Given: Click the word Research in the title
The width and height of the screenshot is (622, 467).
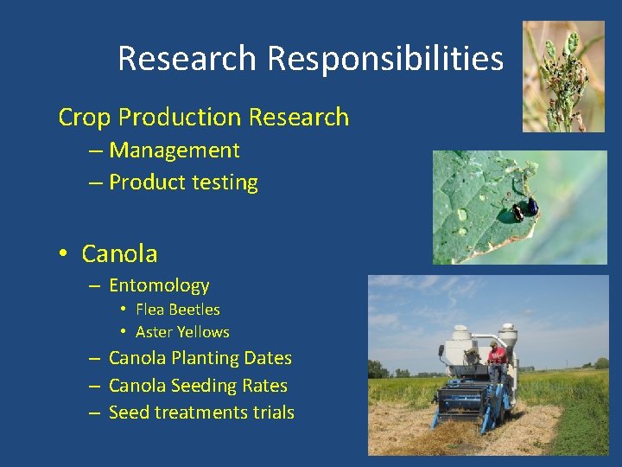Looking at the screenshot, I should (186, 59).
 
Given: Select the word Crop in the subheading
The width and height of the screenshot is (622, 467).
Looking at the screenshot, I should (85, 118).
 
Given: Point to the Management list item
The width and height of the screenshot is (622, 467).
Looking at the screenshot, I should (174, 150).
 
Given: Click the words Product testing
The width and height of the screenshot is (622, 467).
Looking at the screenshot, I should (183, 182).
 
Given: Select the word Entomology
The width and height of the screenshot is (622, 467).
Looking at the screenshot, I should (159, 285).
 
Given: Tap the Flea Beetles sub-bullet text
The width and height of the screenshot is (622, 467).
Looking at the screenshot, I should (178, 310).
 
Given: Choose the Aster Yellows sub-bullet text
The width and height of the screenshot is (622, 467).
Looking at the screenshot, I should (182, 332).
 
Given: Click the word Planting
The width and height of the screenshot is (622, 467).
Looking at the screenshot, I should (206, 358).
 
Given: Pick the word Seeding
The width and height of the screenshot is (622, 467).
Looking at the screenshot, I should (205, 386).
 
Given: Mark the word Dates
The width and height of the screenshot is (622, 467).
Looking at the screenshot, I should (269, 358).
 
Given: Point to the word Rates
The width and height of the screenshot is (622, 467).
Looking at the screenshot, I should (266, 386).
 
